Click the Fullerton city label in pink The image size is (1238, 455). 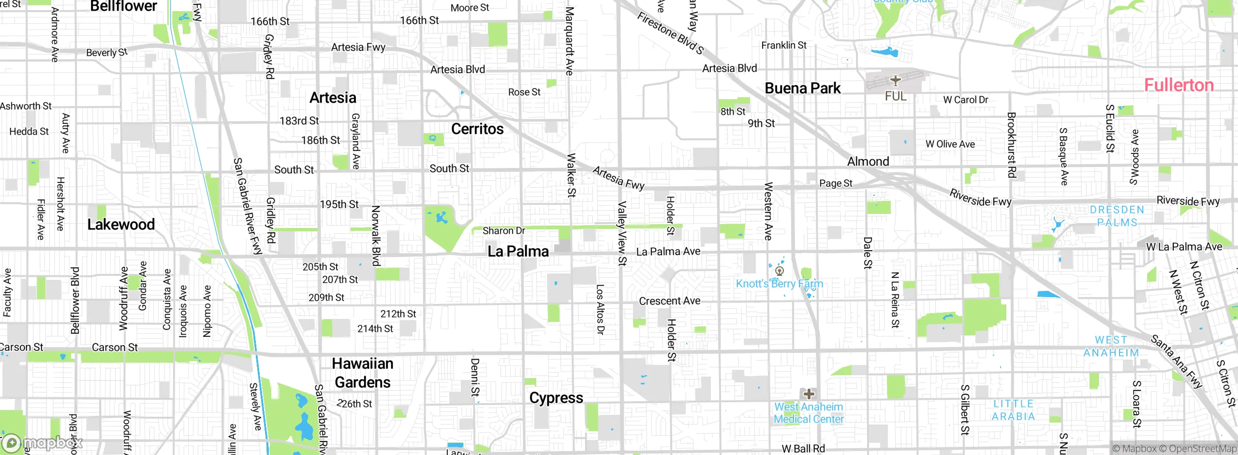[1179, 85]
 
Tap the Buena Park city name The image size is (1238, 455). [802, 89]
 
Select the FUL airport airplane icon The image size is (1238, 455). [895, 80]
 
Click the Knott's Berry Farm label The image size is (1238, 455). [779, 284]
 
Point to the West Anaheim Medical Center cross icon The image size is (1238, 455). [809, 394]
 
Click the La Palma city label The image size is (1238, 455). [518, 251]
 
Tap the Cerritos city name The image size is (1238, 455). [477, 129]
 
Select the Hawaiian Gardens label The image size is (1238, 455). [363, 373]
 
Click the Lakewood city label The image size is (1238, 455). [121, 224]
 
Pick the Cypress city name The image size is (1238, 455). [556, 398]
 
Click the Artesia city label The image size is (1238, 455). [333, 98]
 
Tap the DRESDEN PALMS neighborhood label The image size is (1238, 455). [1117, 216]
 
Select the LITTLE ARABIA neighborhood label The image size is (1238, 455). [1013, 410]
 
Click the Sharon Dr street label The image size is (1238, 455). [503, 231]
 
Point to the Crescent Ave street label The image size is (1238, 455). [669, 301]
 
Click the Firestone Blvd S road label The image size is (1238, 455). [670, 32]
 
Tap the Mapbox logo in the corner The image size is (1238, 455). [43, 442]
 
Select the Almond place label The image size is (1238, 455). [868, 162]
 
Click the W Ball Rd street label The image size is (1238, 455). [803, 449]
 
